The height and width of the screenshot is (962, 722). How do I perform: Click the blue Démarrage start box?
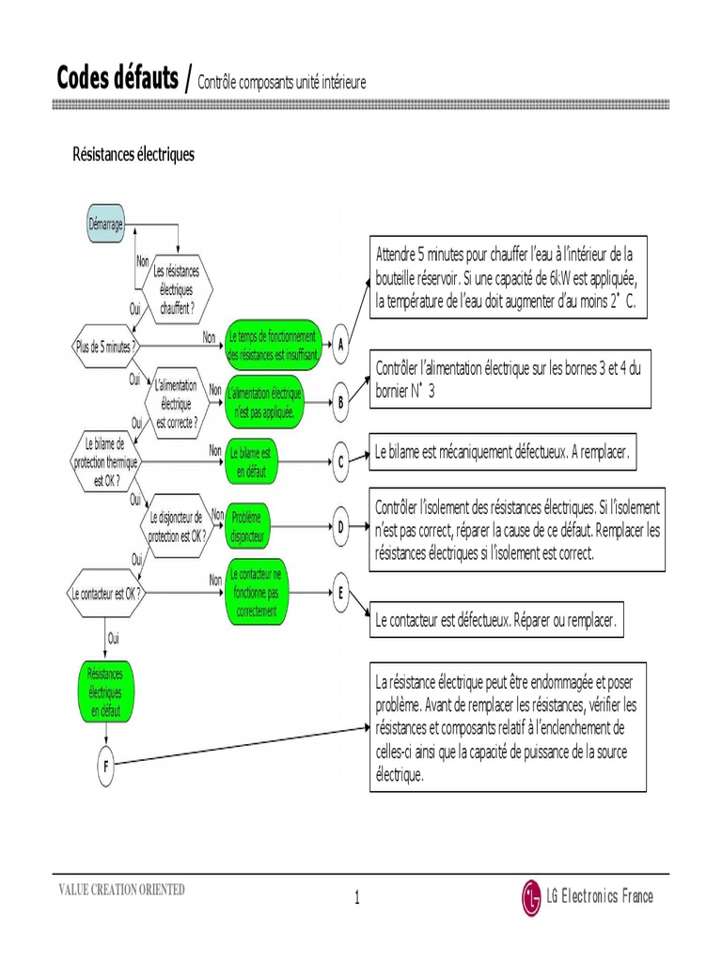click(x=105, y=224)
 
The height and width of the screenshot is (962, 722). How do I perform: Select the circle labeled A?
click(x=340, y=344)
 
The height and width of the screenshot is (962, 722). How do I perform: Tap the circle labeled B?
click(x=340, y=402)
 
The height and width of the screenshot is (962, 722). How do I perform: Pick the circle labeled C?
click(x=340, y=461)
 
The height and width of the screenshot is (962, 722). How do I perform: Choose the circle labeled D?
click(x=340, y=526)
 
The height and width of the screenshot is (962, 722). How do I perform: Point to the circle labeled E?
click(x=340, y=593)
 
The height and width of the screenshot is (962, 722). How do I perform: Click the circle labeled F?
click(x=105, y=766)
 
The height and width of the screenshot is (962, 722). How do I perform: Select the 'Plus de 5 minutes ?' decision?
click(x=105, y=346)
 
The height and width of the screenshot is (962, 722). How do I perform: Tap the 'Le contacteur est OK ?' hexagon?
click(x=106, y=594)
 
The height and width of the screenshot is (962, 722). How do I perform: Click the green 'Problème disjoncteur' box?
click(x=247, y=526)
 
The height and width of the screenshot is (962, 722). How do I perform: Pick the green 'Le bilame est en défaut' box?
click(x=251, y=461)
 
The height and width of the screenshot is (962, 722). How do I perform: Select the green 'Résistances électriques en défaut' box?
click(x=105, y=691)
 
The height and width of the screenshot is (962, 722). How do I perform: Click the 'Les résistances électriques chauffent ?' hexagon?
click(x=177, y=289)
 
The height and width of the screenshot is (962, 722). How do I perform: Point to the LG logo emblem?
click(x=531, y=897)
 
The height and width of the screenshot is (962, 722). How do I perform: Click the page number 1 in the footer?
click(x=357, y=897)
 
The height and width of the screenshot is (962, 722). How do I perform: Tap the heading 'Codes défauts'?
click(x=118, y=78)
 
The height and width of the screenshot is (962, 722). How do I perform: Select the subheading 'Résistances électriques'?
click(x=133, y=154)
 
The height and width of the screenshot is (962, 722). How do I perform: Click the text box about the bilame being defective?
click(x=502, y=452)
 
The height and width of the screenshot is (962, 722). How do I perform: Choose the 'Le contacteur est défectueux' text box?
click(x=496, y=620)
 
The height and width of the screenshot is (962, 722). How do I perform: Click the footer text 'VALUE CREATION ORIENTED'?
click(x=121, y=889)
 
